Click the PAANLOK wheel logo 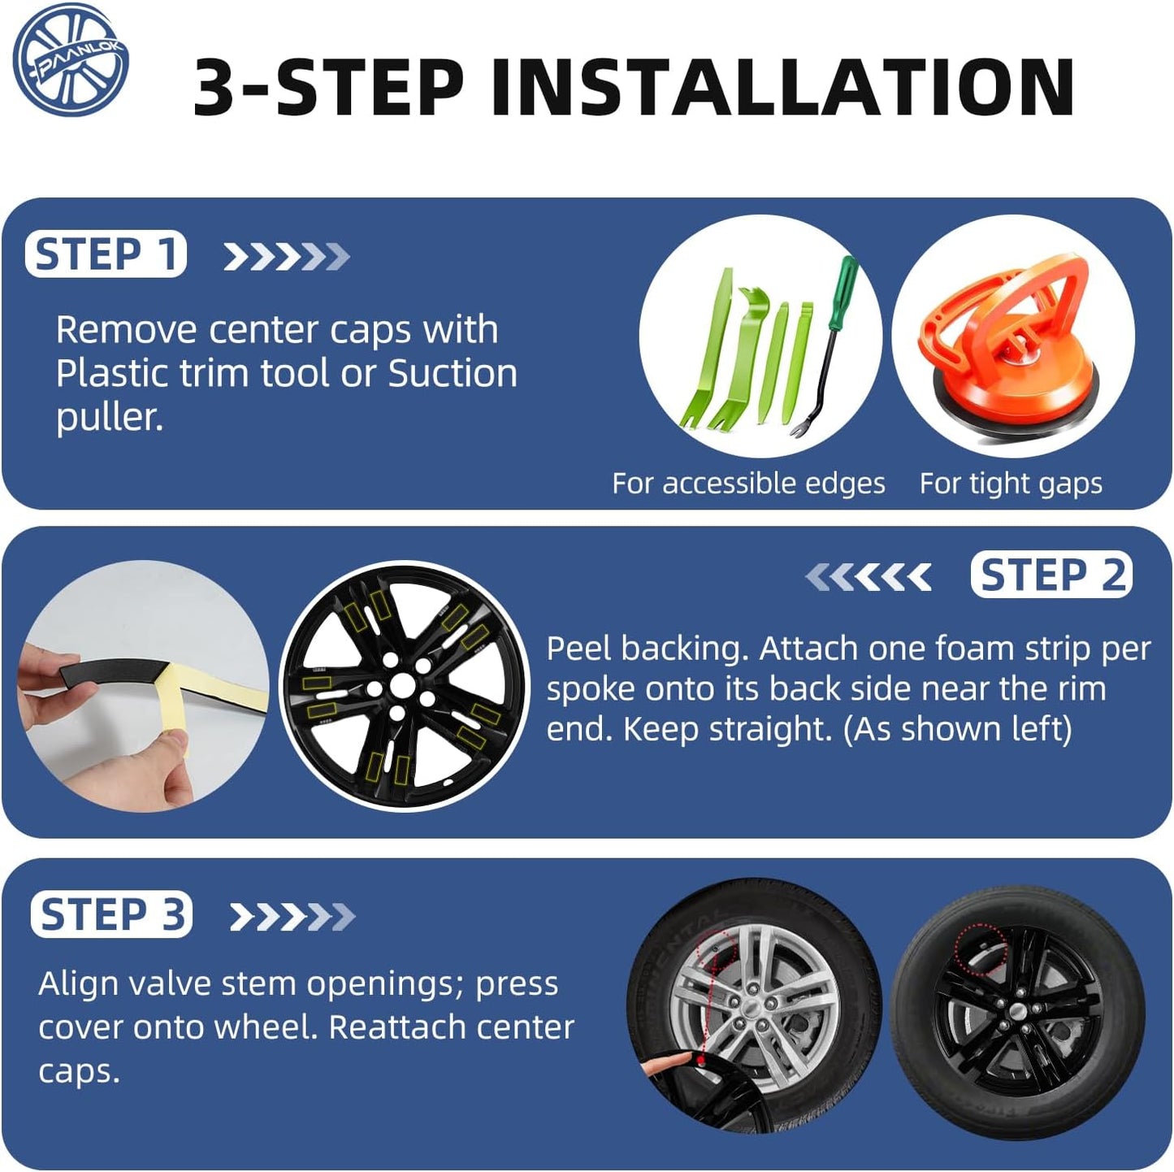click(71, 59)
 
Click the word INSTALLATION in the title click(782, 87)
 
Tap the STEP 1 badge click(106, 254)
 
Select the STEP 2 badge click(1051, 574)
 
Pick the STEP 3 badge click(111, 914)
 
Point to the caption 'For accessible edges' click(748, 484)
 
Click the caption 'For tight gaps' click(1011, 484)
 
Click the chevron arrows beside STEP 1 click(286, 256)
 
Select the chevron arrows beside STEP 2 click(868, 576)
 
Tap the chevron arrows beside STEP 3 click(292, 916)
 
